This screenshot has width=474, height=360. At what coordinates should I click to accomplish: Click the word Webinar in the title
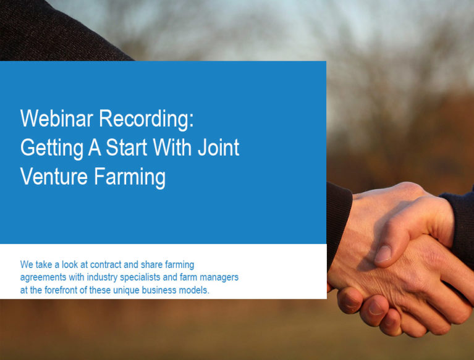tap(56, 119)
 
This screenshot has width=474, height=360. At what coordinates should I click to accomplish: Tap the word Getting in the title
tap(52, 149)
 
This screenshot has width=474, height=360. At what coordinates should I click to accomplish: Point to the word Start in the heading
tap(127, 148)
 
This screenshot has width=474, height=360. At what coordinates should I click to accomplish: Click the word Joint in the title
tap(219, 148)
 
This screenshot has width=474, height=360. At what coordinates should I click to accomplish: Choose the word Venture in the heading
tap(54, 177)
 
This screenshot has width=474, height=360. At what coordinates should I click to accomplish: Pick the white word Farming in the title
tap(130, 178)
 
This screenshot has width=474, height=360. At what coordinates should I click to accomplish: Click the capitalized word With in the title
tap(172, 148)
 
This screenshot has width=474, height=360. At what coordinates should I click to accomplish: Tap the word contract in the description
tap(106, 264)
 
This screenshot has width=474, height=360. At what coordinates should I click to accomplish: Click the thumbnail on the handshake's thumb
tap(383, 254)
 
